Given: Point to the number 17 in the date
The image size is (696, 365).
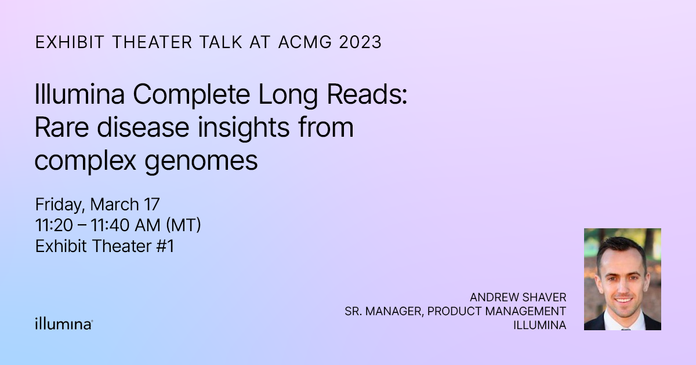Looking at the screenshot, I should [x=152, y=205].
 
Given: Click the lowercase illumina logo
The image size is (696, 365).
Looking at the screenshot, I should [x=63, y=323].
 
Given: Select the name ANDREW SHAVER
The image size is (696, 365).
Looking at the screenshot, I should [x=518, y=297].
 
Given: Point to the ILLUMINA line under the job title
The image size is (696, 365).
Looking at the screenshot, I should [x=539, y=325].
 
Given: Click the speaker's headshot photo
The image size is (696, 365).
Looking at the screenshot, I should [x=622, y=279].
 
